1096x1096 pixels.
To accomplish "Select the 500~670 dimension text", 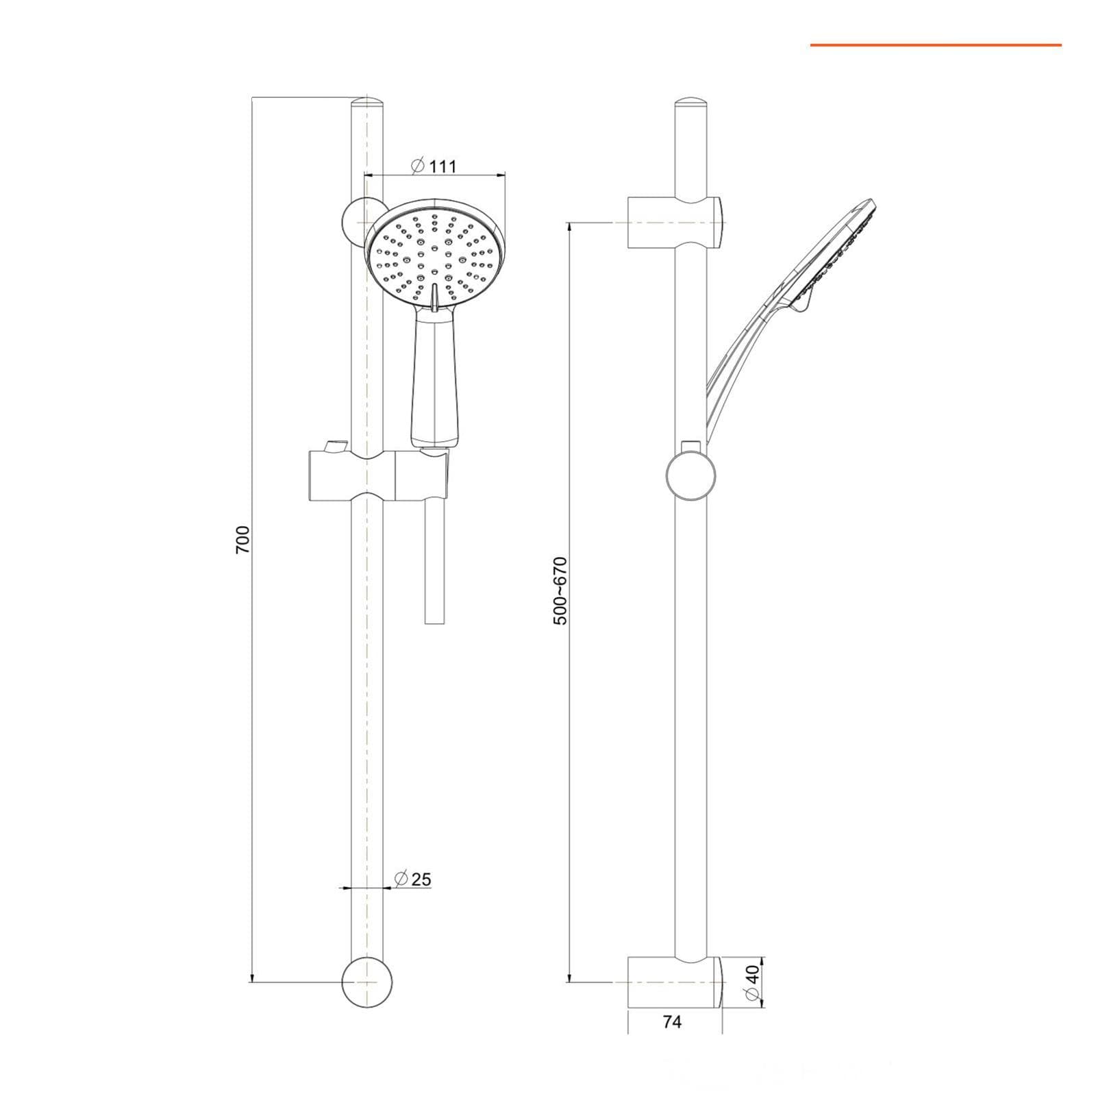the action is pyautogui.click(x=561, y=590).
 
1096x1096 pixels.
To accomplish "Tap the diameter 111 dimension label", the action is pyautogui.click(x=433, y=166).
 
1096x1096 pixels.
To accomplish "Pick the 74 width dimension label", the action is pyautogui.click(x=673, y=1022).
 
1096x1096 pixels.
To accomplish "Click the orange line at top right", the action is pyautogui.click(x=936, y=45).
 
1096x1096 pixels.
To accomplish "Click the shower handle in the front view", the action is pyautogui.click(x=429, y=380).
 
